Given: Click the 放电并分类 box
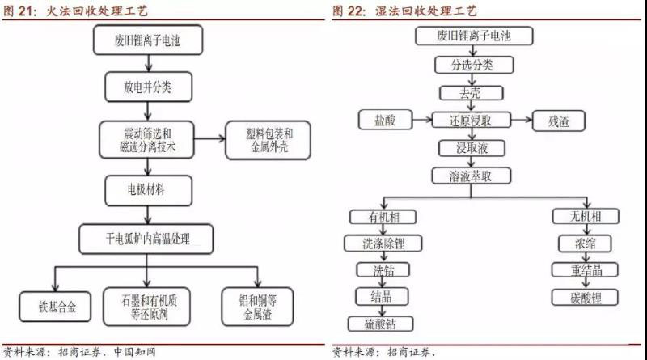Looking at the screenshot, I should pos(146,83).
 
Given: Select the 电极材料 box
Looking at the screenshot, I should pos(146,189).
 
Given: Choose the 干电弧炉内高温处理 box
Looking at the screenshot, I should pos(146,238).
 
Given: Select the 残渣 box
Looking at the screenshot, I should pos(557,121).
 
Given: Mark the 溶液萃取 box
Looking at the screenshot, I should pos(470,174).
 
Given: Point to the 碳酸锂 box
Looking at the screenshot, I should pos(576,297).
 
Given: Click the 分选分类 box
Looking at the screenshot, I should pos(470,64).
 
